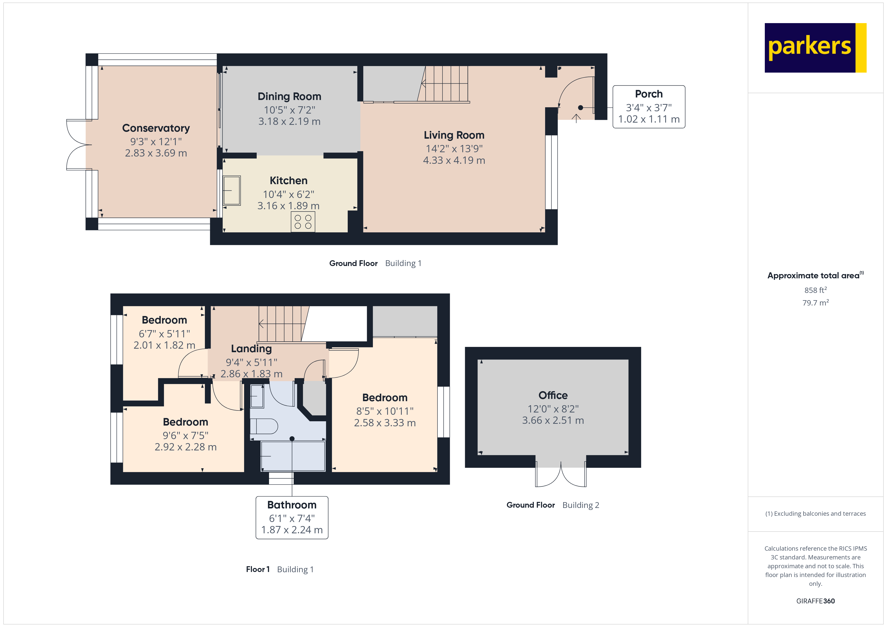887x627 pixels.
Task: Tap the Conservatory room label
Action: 156,128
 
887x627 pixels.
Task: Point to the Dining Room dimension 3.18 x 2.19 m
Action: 289,121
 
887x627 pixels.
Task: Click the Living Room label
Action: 454,135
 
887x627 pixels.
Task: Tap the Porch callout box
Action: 649,107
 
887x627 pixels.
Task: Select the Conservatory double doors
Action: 79,145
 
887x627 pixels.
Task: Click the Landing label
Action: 251,349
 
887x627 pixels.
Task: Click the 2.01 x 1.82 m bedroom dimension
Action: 164,345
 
